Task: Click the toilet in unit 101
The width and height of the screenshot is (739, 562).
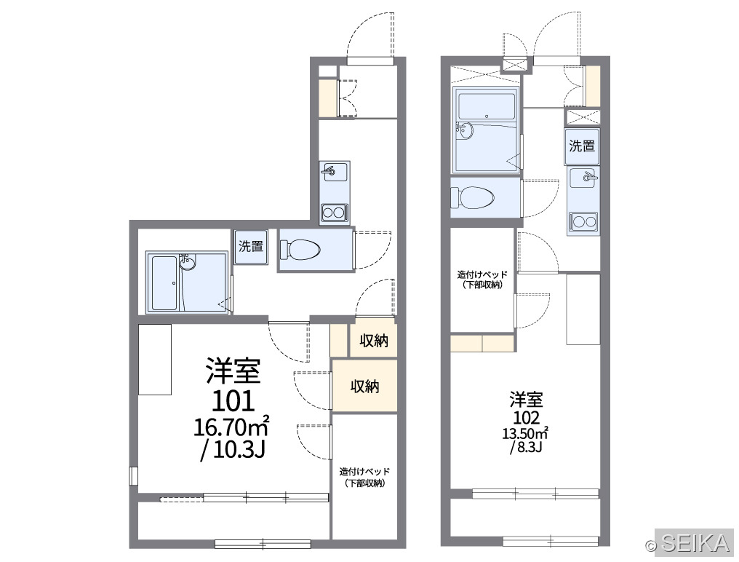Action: coord(300,250)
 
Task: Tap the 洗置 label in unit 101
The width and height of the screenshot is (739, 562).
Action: coord(251,246)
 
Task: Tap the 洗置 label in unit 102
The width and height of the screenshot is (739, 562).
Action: coord(582,146)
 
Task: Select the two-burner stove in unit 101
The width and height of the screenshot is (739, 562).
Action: coord(335,213)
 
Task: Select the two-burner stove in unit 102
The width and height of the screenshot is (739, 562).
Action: coord(583,222)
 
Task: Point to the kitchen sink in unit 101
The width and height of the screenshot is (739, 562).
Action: coord(335,171)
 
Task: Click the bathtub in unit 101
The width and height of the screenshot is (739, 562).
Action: coord(164,282)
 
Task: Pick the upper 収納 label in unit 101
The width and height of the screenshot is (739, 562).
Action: coord(374,340)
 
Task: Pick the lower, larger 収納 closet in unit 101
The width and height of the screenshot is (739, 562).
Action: coord(364,386)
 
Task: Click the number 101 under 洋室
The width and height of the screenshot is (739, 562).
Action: coord(233,401)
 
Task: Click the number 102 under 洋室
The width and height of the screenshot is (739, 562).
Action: coord(527,418)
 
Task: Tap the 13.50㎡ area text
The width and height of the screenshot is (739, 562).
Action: coord(526,433)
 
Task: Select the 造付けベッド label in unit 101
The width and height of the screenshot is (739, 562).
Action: coord(365,472)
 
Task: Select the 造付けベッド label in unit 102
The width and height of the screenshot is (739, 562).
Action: coord(482,274)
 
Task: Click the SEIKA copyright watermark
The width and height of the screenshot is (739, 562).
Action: coord(689,543)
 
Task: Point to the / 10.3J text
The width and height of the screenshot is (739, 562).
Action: coord(233,450)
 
